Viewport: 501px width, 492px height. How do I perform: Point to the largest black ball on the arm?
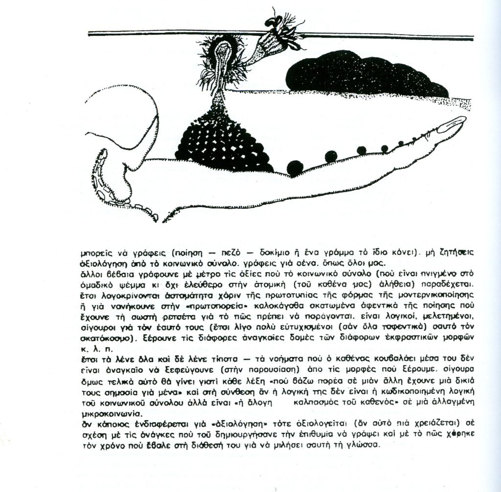click(x=295, y=166)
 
